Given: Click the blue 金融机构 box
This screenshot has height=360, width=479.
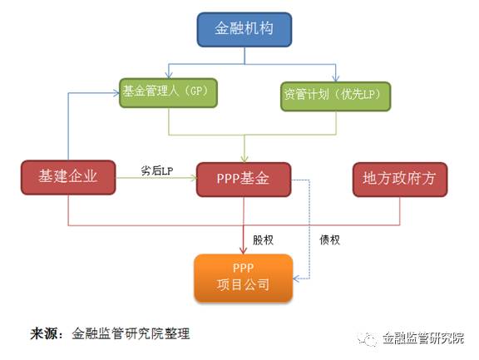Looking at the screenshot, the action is [244, 30].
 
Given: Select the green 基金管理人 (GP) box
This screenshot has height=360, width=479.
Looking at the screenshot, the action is [168, 93].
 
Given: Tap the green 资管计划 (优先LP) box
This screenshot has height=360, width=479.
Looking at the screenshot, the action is [335, 96].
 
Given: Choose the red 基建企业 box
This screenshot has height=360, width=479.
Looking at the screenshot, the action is [68, 177].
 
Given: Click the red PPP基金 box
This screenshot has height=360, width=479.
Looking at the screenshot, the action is [244, 180].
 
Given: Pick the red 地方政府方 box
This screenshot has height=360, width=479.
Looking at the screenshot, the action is [400, 180].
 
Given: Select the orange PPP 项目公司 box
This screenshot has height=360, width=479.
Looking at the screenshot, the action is [244, 278].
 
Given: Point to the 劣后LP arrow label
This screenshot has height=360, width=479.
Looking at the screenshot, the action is [157, 170].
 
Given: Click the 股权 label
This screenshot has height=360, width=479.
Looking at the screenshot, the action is [263, 240].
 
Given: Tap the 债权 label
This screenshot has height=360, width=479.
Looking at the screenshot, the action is [329, 240].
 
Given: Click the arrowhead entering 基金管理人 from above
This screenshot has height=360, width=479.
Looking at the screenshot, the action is [169, 75].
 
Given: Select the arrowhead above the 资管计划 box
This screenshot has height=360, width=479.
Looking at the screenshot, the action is [336, 78].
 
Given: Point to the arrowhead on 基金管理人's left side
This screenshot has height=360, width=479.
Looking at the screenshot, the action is [116, 93].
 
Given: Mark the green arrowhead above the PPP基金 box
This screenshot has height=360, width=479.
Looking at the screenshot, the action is [244, 159].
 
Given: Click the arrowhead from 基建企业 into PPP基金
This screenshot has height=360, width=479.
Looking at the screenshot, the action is [193, 178].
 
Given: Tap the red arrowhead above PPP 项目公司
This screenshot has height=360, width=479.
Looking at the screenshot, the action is [243, 250].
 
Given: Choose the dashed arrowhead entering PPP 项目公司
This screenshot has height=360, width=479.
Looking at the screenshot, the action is [296, 279].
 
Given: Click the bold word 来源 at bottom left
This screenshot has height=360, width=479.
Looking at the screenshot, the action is [44, 333].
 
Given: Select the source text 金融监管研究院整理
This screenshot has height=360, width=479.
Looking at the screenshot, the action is [131, 333].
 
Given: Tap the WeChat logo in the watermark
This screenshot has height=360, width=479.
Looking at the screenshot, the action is [368, 338].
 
